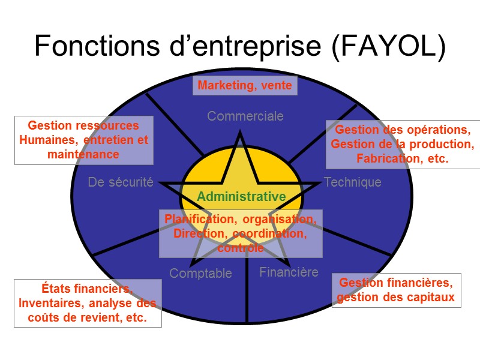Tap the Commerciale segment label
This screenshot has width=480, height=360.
click(x=245, y=116)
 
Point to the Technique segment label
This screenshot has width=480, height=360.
click(x=353, y=182)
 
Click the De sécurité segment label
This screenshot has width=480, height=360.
click(x=121, y=182)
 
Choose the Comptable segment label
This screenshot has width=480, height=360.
click(x=200, y=274)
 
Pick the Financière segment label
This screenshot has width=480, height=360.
click(x=289, y=272)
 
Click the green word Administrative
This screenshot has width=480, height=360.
click(x=241, y=196)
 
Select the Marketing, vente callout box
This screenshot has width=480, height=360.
click(x=245, y=86)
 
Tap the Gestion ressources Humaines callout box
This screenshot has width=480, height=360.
click(x=83, y=140)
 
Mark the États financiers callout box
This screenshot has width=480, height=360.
click(x=88, y=303)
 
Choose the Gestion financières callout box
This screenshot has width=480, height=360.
click(x=396, y=290)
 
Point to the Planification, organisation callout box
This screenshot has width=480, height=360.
click(x=241, y=233)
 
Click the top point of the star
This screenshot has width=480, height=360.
click(x=241, y=134)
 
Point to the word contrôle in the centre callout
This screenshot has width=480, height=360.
click(x=241, y=248)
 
